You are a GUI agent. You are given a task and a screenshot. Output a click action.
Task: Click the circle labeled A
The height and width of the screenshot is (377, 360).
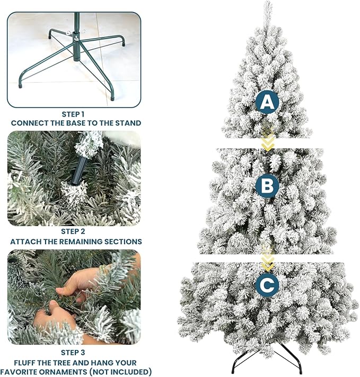(x=267, y=102)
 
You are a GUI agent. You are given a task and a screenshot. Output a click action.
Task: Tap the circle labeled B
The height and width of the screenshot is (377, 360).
(x=267, y=186)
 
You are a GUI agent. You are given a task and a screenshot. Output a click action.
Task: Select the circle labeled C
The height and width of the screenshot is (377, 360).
(x=267, y=285)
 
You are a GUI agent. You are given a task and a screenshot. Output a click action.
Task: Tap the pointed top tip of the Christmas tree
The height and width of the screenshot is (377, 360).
(x=268, y=4)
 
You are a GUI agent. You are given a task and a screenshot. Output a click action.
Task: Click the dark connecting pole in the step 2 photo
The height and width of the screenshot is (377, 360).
(x=79, y=166)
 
